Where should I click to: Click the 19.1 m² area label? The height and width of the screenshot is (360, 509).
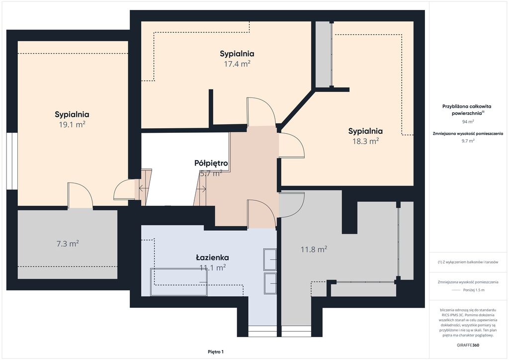click(x=72, y=125)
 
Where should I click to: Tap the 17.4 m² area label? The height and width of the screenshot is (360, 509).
click(x=237, y=64)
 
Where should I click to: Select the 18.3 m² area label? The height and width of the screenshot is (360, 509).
click(x=365, y=141)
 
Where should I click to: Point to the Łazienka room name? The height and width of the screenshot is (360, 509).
click(x=212, y=258)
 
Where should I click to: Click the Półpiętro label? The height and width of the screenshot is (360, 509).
click(x=211, y=163)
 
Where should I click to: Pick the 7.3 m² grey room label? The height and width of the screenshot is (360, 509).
click(x=68, y=244)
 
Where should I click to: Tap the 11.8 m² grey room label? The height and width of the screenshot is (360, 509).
click(x=314, y=249)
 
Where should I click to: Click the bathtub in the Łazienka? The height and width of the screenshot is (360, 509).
click(x=179, y=282)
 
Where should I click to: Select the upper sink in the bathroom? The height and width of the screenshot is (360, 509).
click(x=270, y=260)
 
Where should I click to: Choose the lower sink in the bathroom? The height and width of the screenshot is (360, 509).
click(x=270, y=284)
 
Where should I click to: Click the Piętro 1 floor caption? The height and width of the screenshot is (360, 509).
click(x=216, y=352)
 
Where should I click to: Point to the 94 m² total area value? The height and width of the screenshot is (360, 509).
click(x=468, y=122)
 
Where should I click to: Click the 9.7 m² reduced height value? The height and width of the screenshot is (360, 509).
click(x=468, y=141)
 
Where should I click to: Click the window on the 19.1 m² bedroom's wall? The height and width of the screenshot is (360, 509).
click(x=12, y=161)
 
